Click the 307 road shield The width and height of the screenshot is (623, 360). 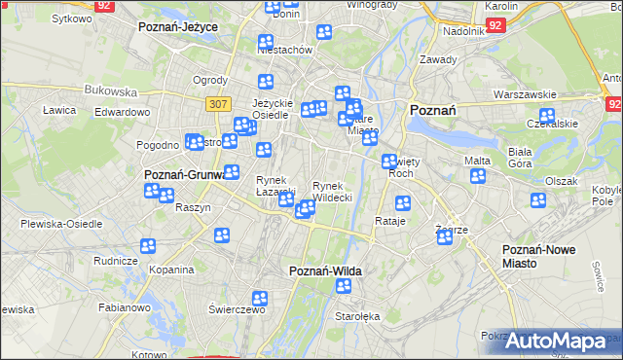216,103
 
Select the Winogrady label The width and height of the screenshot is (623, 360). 347,4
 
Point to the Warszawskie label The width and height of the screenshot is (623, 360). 524,94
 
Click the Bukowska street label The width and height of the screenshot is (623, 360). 111,90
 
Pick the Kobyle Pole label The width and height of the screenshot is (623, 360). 607,196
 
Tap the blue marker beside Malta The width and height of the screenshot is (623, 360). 478,176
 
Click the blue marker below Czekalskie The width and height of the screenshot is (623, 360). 545,117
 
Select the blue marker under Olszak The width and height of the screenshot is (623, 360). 538,200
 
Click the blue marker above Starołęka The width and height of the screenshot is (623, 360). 344,286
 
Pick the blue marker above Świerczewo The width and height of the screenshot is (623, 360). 260,299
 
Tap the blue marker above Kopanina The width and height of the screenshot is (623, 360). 148,246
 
